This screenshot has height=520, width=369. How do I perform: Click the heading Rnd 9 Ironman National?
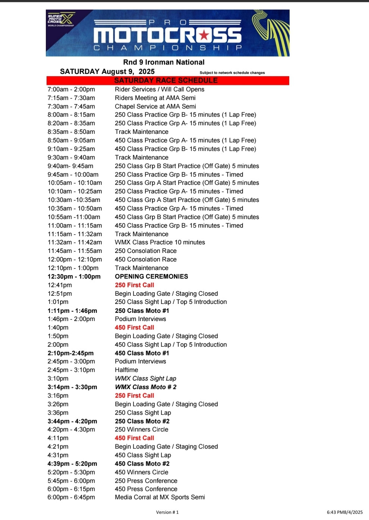(x=164, y=62)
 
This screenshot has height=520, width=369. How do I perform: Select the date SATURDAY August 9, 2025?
(x=107, y=71)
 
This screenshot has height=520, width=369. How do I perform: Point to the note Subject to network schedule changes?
(x=232, y=73)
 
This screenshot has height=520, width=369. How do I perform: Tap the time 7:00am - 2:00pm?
(x=71, y=89)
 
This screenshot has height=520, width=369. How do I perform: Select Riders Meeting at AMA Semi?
(x=155, y=98)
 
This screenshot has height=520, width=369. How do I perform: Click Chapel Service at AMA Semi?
(x=155, y=106)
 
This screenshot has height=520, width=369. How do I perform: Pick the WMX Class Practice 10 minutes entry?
(x=160, y=242)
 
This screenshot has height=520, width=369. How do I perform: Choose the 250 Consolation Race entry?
(x=145, y=251)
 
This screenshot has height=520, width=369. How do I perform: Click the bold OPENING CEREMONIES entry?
(x=151, y=276)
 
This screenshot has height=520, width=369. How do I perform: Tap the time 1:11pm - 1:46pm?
(x=72, y=311)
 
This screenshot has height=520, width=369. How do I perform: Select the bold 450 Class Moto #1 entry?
(x=142, y=353)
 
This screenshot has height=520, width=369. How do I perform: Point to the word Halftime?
(x=126, y=370)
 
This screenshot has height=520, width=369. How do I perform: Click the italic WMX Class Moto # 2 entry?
(x=145, y=387)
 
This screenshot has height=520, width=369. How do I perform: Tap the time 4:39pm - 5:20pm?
(x=72, y=463)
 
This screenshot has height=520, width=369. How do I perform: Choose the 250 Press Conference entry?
(x=146, y=481)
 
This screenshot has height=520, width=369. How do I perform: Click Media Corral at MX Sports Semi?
(x=160, y=497)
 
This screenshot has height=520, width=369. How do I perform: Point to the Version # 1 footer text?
(x=167, y=512)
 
